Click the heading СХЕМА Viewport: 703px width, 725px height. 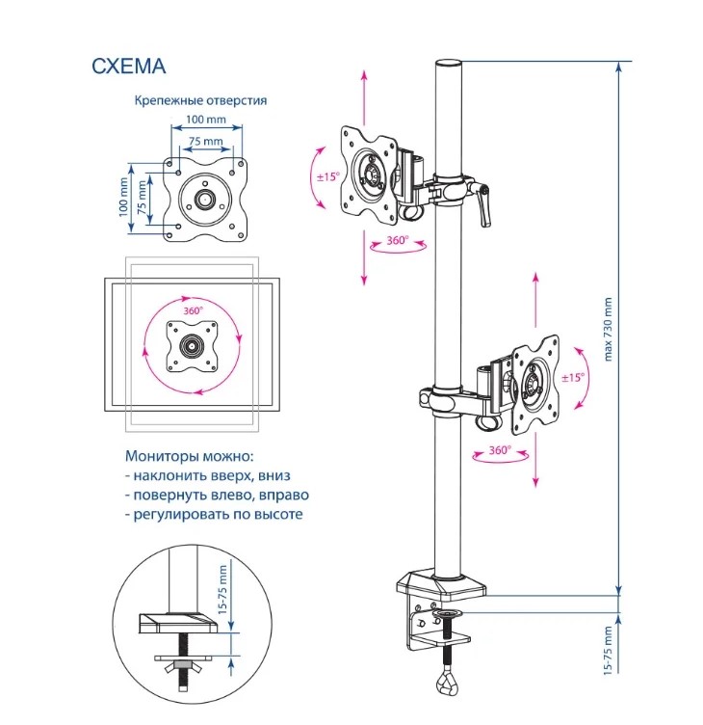tap(128, 67)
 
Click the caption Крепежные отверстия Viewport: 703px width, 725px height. tap(200, 100)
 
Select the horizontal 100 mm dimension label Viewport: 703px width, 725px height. tap(206, 120)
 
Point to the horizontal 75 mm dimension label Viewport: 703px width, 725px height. tap(205, 141)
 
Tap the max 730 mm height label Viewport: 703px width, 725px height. tap(608, 329)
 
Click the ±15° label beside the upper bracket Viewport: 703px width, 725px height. tap(328, 176)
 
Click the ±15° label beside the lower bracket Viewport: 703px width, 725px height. tap(573, 378)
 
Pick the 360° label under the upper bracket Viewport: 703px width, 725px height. tap(398, 240)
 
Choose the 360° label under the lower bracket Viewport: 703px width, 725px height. tap(500, 450)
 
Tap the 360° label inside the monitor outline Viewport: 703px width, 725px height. tap(193, 310)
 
